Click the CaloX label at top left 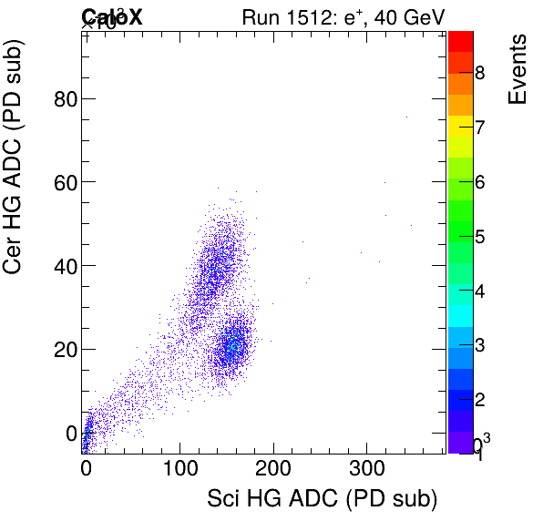point(112,16)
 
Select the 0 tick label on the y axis point(71,433)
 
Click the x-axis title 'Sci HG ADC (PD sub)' point(323,498)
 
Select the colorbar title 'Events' point(517,70)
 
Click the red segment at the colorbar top point(460,39)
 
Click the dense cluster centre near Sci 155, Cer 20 point(233,347)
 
